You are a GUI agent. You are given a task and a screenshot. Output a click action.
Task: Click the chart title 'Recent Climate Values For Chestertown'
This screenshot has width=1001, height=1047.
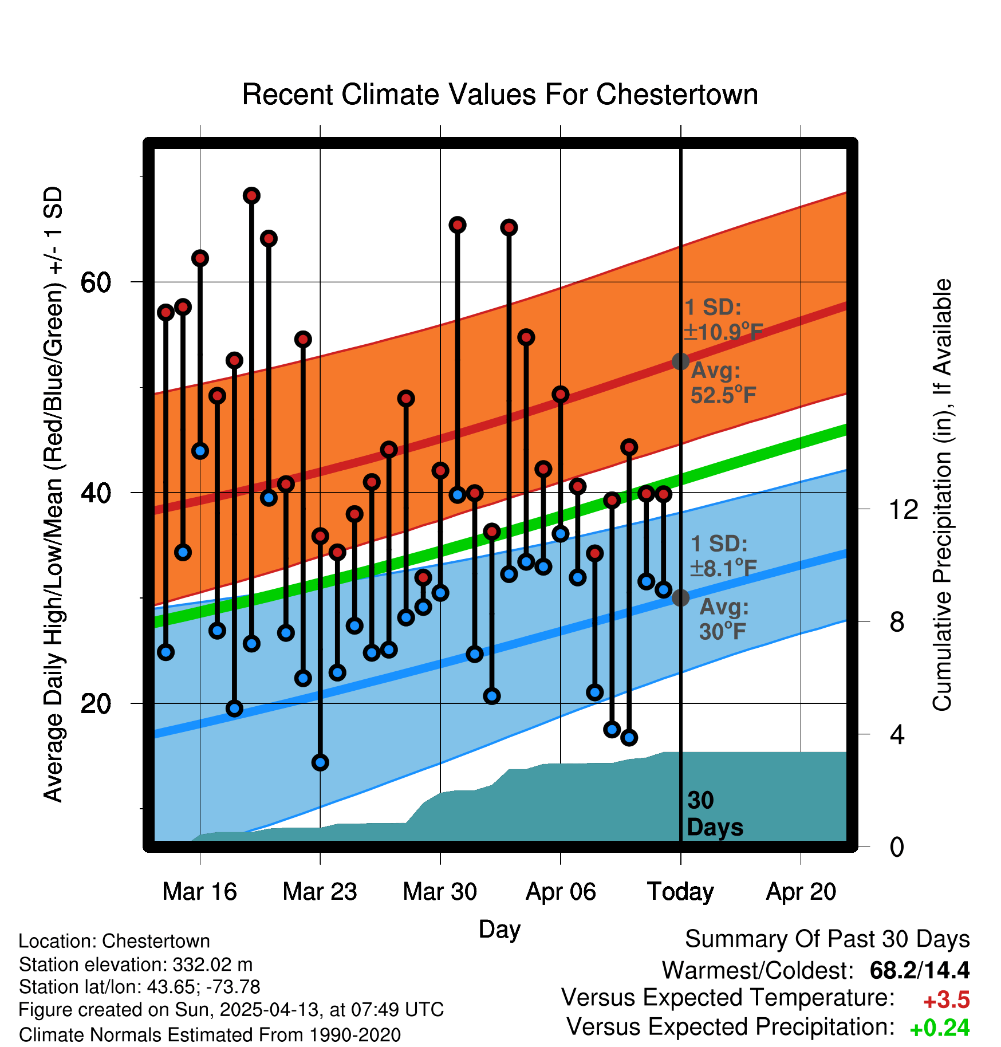coord(500,95)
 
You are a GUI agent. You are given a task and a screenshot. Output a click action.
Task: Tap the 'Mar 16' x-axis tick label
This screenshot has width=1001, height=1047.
coord(199,891)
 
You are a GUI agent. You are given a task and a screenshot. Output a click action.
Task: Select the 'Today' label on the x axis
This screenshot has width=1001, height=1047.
coord(680,891)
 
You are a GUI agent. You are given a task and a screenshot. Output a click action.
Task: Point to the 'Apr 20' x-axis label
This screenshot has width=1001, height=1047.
coord(801,891)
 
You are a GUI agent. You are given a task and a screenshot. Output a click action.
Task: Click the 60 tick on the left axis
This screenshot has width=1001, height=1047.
coord(96,282)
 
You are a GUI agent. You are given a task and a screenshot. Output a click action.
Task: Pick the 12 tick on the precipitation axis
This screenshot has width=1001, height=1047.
coord(904,509)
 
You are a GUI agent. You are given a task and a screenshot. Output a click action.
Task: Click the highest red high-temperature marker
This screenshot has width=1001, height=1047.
coord(251,196)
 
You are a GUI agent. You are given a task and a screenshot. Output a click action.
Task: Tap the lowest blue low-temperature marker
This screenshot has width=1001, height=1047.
coord(320,762)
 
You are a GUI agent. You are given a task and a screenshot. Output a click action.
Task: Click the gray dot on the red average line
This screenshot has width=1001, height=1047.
coord(680,361)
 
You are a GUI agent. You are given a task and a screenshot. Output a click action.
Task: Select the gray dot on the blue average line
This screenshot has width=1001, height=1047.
coord(680,598)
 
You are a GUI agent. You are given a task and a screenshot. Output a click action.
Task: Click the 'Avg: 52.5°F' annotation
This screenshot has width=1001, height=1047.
coord(722,383)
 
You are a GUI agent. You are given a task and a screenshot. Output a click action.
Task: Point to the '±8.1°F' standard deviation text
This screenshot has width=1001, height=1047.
coord(723,569)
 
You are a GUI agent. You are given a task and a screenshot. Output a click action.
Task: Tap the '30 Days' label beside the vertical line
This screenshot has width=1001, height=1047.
coord(714,814)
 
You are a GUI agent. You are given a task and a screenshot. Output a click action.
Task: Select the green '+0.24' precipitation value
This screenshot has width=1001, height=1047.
coord(939,1028)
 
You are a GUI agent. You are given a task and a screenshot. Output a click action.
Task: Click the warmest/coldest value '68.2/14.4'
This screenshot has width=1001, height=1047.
coord(919,970)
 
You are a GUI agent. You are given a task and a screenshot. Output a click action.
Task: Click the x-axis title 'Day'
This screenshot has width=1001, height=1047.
coord(499,929)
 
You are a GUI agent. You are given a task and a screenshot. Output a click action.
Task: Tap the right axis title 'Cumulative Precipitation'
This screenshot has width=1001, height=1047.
coord(942,495)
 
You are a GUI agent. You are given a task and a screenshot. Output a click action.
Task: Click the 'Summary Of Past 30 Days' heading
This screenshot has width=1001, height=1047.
coord(827,939)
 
